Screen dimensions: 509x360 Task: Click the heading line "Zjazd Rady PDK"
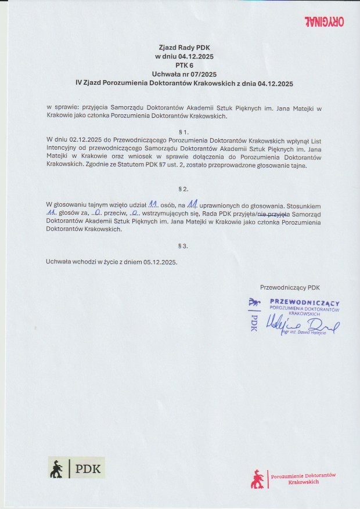(x=180, y=48)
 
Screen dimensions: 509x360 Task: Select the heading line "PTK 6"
(x=180, y=66)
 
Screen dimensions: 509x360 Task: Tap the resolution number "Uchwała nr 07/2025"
(x=180, y=74)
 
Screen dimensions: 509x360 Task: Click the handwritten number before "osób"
(x=154, y=204)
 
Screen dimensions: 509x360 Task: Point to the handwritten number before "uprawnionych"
(x=193, y=204)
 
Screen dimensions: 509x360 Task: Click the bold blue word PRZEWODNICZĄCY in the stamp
(x=305, y=302)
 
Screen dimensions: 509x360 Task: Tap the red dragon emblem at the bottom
(x=256, y=479)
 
